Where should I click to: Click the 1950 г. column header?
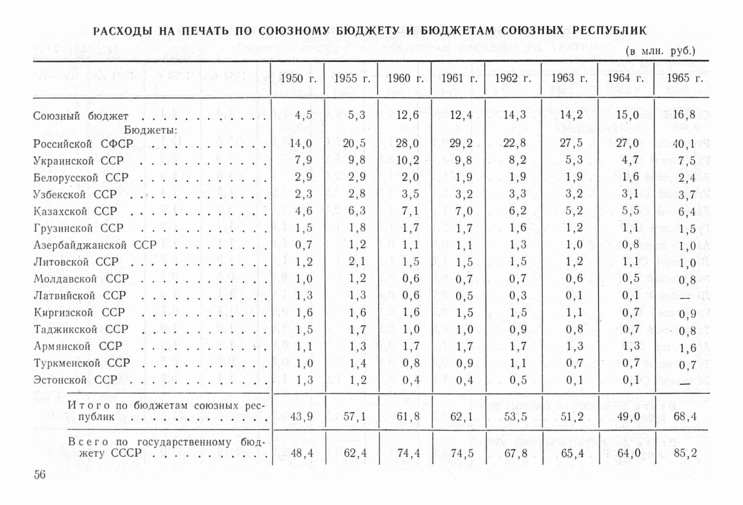coord(298,79)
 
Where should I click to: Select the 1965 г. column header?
coord(685,79)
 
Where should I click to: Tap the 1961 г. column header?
coord(459,79)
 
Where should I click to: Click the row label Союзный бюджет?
coord(80,116)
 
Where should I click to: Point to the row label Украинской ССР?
coord(78,161)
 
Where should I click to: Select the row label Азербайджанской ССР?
coord(95,245)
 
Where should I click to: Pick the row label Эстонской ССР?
coord(75,380)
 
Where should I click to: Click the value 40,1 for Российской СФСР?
coord(684,144)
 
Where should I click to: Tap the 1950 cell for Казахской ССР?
coord(303,211)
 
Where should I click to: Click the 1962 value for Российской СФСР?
coord(517,143)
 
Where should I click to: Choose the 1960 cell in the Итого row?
coord(408,416)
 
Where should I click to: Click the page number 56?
coord(40,475)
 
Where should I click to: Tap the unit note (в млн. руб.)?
coord(660,51)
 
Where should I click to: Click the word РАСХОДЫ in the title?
coord(123,31)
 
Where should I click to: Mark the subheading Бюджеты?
coord(150,130)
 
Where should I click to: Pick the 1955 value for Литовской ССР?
coord(357,262)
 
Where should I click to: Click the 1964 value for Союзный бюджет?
coord(628,115)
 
